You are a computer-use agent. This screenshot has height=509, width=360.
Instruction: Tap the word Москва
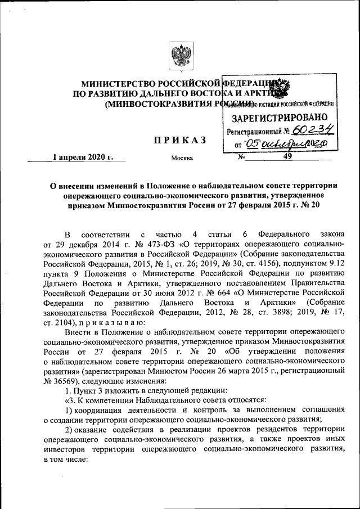tap(182, 158)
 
